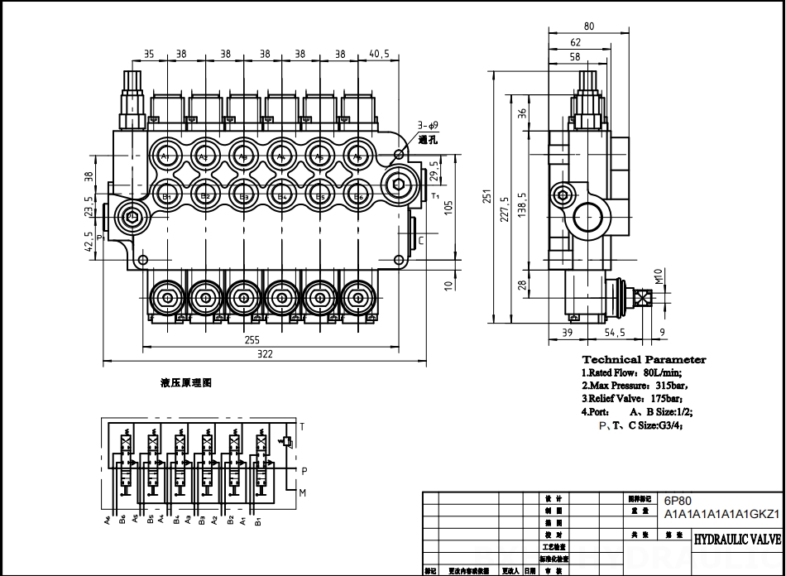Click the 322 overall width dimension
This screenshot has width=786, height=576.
265,353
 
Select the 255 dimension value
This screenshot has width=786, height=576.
252,339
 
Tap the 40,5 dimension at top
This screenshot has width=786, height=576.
380,53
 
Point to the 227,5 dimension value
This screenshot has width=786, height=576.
505,214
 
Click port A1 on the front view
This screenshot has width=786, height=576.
165,156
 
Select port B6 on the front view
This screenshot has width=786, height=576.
359,196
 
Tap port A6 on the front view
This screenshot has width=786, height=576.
359,156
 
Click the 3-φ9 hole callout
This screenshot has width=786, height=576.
428,125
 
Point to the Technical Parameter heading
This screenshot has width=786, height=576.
644,359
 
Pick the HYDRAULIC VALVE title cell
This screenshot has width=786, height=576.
736,540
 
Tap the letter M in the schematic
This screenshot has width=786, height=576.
304,493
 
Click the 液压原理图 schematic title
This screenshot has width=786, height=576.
186,384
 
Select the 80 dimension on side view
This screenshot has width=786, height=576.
588,26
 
